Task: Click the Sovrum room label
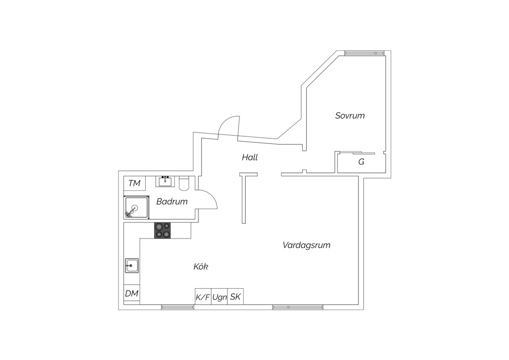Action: (350, 115)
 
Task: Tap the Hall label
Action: (250, 157)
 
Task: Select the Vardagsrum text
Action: (306, 245)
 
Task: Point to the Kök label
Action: (201, 267)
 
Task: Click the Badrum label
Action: (172, 201)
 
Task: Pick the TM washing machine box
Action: (134, 183)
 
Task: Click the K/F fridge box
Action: (203, 296)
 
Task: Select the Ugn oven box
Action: (220, 296)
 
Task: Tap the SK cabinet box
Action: (235, 296)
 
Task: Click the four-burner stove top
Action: (163, 230)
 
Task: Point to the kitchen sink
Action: (132, 266)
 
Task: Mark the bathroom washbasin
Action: (165, 181)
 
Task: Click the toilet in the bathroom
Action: (184, 183)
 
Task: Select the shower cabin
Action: (136, 208)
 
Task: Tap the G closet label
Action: (361, 162)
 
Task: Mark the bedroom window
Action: (364, 53)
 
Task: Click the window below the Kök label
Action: (178, 307)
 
